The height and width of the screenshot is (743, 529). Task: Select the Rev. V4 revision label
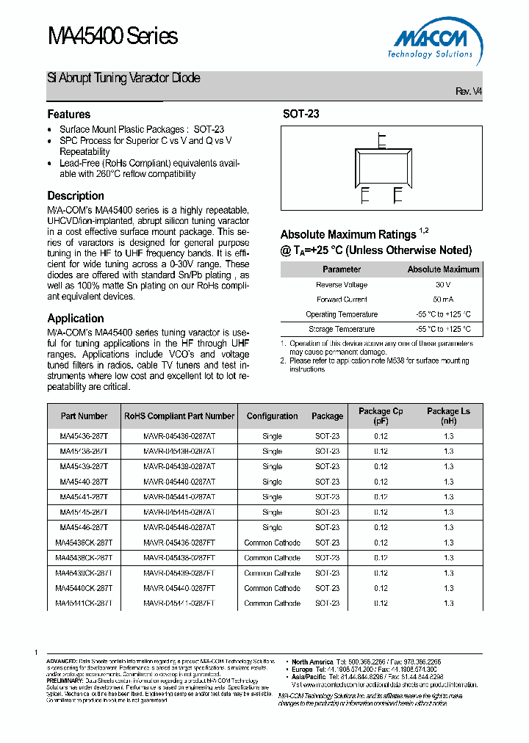click(x=469, y=91)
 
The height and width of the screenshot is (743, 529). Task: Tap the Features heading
click(x=69, y=115)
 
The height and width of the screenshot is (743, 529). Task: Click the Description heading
click(x=76, y=196)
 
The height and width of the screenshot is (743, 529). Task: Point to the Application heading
click(x=76, y=319)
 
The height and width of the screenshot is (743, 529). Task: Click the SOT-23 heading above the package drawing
click(x=301, y=115)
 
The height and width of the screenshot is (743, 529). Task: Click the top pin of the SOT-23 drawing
click(x=381, y=140)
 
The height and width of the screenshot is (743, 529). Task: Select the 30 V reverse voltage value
click(x=442, y=285)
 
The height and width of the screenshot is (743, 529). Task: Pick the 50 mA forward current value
click(x=442, y=300)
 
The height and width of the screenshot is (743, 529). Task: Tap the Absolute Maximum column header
click(x=443, y=269)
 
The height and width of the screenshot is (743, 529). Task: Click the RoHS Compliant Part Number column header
click(x=179, y=416)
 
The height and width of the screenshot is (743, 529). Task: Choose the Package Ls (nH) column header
click(x=448, y=416)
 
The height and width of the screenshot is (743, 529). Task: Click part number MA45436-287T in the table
click(x=84, y=436)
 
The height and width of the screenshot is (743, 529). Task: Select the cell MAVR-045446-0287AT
click(x=179, y=527)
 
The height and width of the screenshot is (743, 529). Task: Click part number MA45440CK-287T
click(x=84, y=588)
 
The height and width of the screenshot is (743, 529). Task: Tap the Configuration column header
click(x=272, y=416)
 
